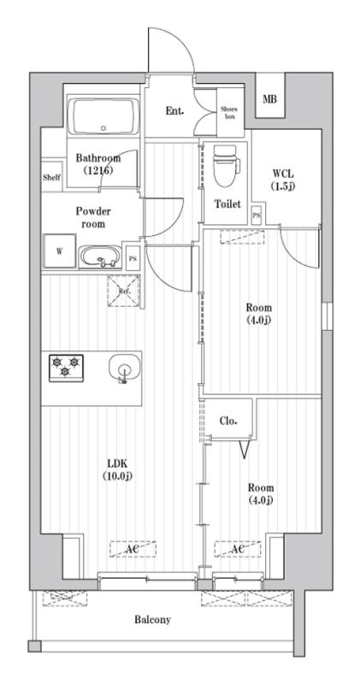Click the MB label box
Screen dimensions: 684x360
click(269, 100)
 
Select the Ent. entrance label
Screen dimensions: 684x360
click(174, 110)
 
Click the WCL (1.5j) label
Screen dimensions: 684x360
click(283, 180)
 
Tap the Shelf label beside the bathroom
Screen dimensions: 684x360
click(51, 178)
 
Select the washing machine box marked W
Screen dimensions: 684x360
click(59, 251)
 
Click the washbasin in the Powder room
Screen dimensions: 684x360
click(101, 255)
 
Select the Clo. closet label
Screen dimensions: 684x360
click(229, 421)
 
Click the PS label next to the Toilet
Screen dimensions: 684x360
click(257, 216)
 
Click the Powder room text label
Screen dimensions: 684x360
click(94, 217)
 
